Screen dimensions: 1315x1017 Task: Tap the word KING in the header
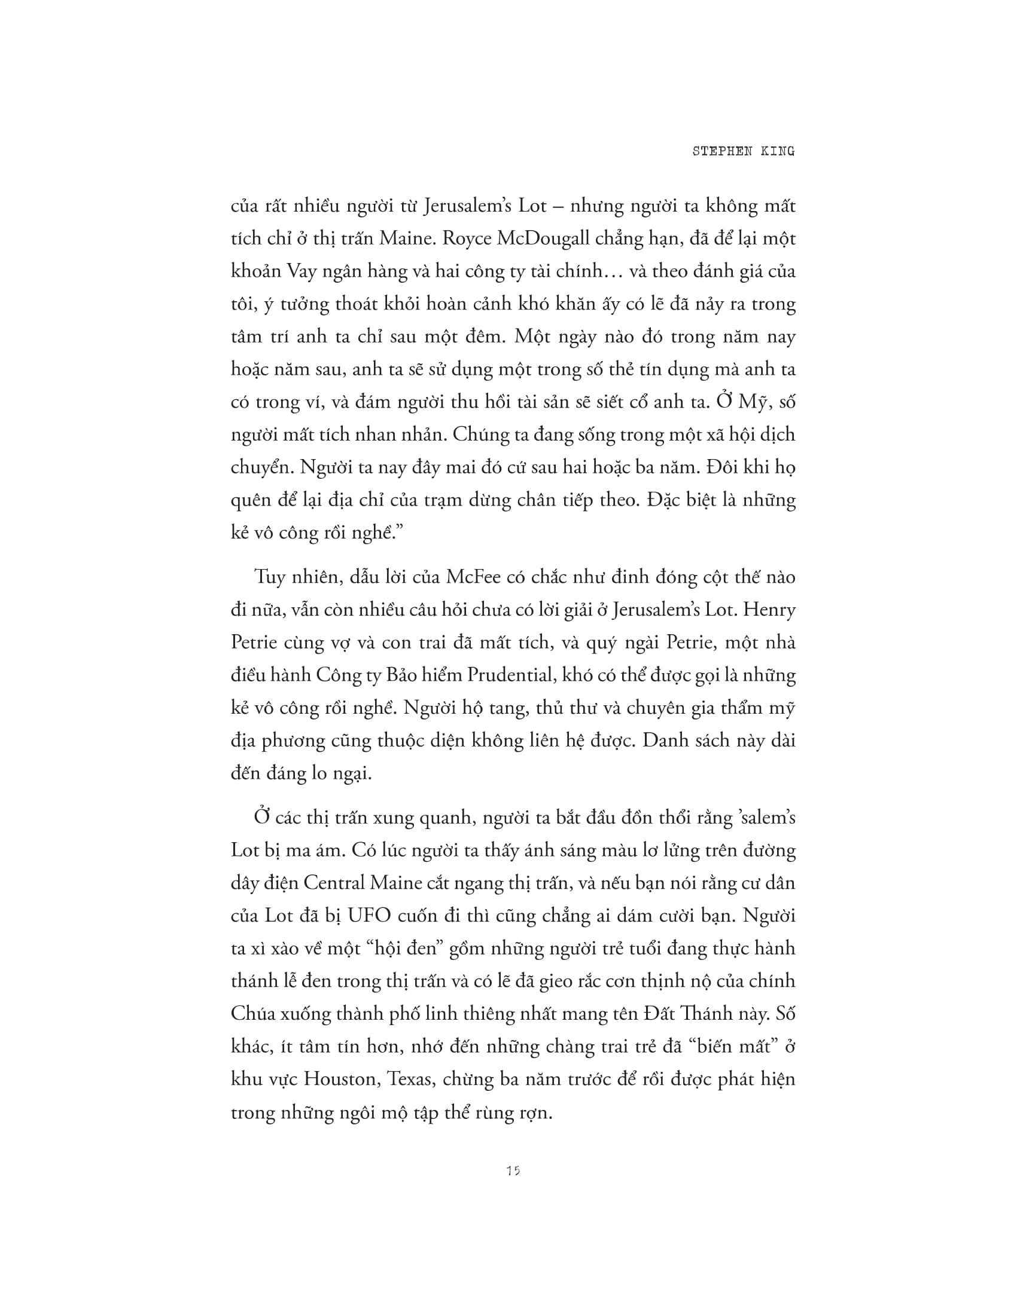[778, 152]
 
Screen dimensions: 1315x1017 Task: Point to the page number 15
[513, 1170]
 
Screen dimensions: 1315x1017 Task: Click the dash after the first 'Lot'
[558, 207]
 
